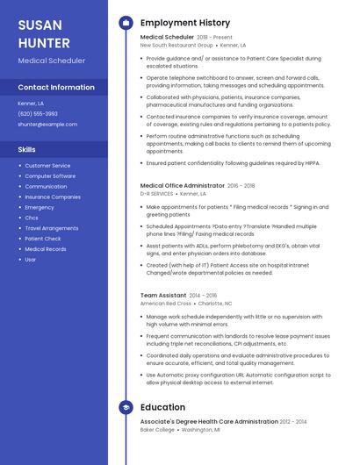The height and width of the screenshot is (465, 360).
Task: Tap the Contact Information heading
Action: pyautogui.click(x=56, y=88)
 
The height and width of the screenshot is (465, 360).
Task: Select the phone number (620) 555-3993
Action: pyautogui.click(x=38, y=114)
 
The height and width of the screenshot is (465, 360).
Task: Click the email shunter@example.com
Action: pyautogui.click(x=47, y=125)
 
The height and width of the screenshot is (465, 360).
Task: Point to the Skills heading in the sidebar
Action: pyautogui.click(x=27, y=149)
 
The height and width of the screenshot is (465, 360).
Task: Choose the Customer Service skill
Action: pyautogui.click(x=47, y=166)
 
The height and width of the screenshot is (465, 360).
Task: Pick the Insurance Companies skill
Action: pyautogui.click(x=52, y=197)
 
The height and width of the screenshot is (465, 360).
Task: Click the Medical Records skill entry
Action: pyautogui.click(x=46, y=249)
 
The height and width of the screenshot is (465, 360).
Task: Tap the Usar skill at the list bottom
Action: pyautogui.click(x=31, y=260)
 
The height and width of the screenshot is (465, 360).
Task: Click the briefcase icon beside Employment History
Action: pyautogui.click(x=126, y=22)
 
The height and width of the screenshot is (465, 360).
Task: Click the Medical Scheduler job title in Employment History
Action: pyautogui.click(x=166, y=38)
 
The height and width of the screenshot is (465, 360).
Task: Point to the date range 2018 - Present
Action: pyautogui.click(x=215, y=38)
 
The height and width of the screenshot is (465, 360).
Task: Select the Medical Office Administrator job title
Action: pyautogui.click(x=183, y=186)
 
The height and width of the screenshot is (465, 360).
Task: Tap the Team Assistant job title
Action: pyautogui.click(x=163, y=296)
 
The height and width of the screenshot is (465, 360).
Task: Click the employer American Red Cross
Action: pyautogui.click(x=165, y=304)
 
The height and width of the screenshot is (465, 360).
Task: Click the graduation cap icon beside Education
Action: pyautogui.click(x=126, y=407)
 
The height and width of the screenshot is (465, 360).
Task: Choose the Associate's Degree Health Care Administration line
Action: pyautogui.click(x=216, y=422)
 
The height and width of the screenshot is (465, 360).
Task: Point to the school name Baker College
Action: pyautogui.click(x=158, y=430)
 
